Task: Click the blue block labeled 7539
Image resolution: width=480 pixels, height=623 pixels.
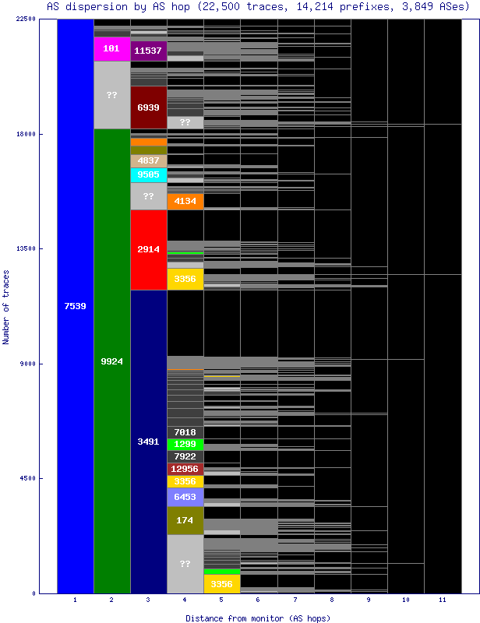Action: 75,306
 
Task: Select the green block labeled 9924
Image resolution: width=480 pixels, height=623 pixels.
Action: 111,361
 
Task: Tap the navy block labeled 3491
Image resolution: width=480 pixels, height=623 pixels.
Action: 148,442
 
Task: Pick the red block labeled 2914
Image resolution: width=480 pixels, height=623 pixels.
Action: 148,249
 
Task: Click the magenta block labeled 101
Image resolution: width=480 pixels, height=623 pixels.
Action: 111,48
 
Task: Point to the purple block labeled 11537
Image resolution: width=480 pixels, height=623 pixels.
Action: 148,51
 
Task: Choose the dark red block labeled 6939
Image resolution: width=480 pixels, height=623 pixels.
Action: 148,107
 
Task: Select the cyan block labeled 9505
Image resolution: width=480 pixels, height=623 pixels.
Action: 148,175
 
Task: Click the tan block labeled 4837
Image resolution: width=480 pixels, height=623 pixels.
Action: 148,160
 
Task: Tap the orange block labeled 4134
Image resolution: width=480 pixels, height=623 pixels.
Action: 185,201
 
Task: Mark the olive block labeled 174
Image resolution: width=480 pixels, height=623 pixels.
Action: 185,520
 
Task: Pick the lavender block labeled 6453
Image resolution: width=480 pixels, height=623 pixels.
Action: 185,497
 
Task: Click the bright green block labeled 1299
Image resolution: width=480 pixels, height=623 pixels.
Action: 185,444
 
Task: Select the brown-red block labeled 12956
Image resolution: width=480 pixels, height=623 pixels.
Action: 185,469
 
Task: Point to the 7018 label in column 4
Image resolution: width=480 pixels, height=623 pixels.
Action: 185,432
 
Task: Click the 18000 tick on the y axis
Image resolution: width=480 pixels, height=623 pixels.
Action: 25,134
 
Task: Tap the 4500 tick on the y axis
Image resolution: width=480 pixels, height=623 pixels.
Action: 27,478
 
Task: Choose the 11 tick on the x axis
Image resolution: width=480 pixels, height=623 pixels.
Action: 442,600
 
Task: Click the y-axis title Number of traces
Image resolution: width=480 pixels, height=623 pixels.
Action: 6,307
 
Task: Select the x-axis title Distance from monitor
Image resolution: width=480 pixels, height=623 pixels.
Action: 257,618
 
